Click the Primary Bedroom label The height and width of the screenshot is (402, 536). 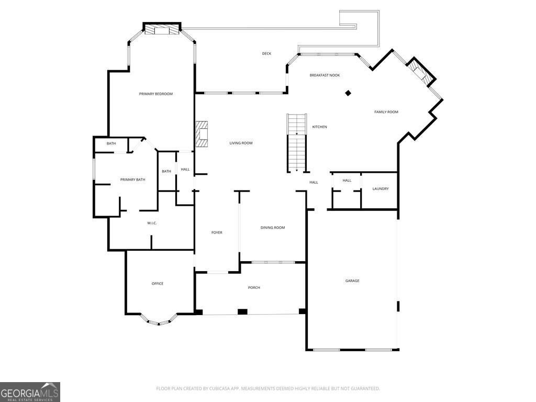click(155, 94)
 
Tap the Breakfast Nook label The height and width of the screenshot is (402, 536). click(325, 75)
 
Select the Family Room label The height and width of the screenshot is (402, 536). click(386, 112)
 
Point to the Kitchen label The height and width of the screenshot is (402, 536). click(319, 127)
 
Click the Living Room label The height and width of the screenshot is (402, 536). click(241, 143)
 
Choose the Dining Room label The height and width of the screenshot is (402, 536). click(273, 228)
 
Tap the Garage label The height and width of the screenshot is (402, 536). click(352, 281)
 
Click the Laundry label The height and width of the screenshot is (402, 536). click(381, 188)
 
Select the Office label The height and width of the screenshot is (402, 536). click(158, 284)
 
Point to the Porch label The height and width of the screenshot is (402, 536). click(254, 287)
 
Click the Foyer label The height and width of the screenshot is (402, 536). click(217, 232)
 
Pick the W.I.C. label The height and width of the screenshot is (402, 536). click(152, 224)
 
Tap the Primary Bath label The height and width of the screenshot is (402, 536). click(132, 180)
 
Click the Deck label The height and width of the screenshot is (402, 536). click(266, 53)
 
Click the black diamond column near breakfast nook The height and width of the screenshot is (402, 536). click(348, 93)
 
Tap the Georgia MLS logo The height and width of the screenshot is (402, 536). click(30, 392)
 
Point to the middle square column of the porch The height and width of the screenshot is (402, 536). click(242, 311)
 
